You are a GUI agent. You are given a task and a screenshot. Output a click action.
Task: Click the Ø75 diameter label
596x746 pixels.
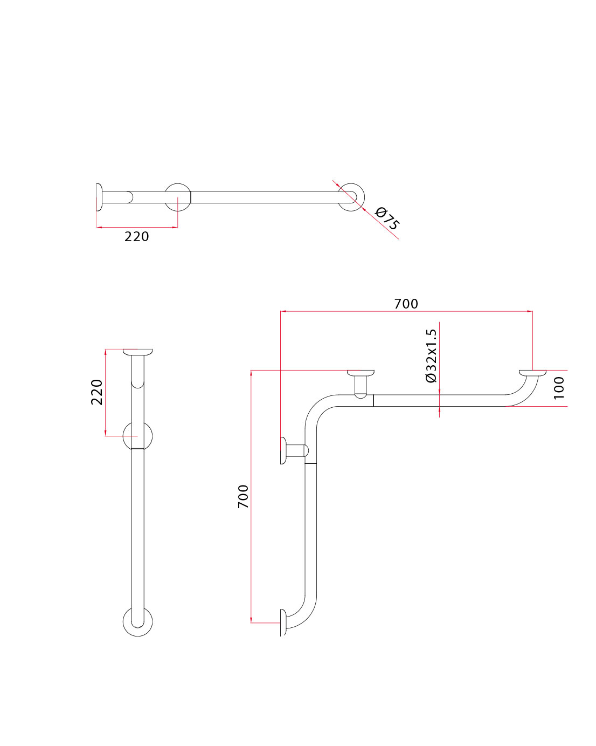coord(387,218)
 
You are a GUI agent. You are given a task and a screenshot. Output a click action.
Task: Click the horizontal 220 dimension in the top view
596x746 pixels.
coord(137,236)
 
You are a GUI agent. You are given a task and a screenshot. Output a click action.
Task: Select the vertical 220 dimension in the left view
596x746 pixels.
coord(96,392)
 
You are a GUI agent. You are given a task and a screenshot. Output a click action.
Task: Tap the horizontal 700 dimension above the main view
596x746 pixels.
coord(406,304)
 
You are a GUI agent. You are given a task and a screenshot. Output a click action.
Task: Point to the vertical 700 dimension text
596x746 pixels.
coord(244,496)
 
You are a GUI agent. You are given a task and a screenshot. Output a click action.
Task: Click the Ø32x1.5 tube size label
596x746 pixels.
coord(431,356)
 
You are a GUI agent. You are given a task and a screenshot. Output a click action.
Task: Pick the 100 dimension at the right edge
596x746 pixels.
coord(559,388)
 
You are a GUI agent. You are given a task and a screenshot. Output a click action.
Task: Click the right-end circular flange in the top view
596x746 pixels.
coord(351,197)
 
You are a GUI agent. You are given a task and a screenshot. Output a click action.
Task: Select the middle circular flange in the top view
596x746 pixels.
coord(178,197)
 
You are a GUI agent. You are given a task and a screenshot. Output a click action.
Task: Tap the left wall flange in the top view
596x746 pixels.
coord(99,197)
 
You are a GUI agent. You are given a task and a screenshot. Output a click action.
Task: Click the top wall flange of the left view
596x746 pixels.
coord(137,352)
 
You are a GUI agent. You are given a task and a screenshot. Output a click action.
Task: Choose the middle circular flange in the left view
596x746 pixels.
coord(137,436)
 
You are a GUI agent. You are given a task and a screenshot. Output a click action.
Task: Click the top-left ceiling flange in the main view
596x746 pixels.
coord(361,373)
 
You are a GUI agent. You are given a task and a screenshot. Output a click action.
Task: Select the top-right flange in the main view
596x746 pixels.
coord(532,372)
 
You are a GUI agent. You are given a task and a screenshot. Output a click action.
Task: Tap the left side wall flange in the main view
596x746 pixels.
coord(283,450)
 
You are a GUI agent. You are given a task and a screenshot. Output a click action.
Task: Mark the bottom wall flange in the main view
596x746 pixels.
coord(283,622)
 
